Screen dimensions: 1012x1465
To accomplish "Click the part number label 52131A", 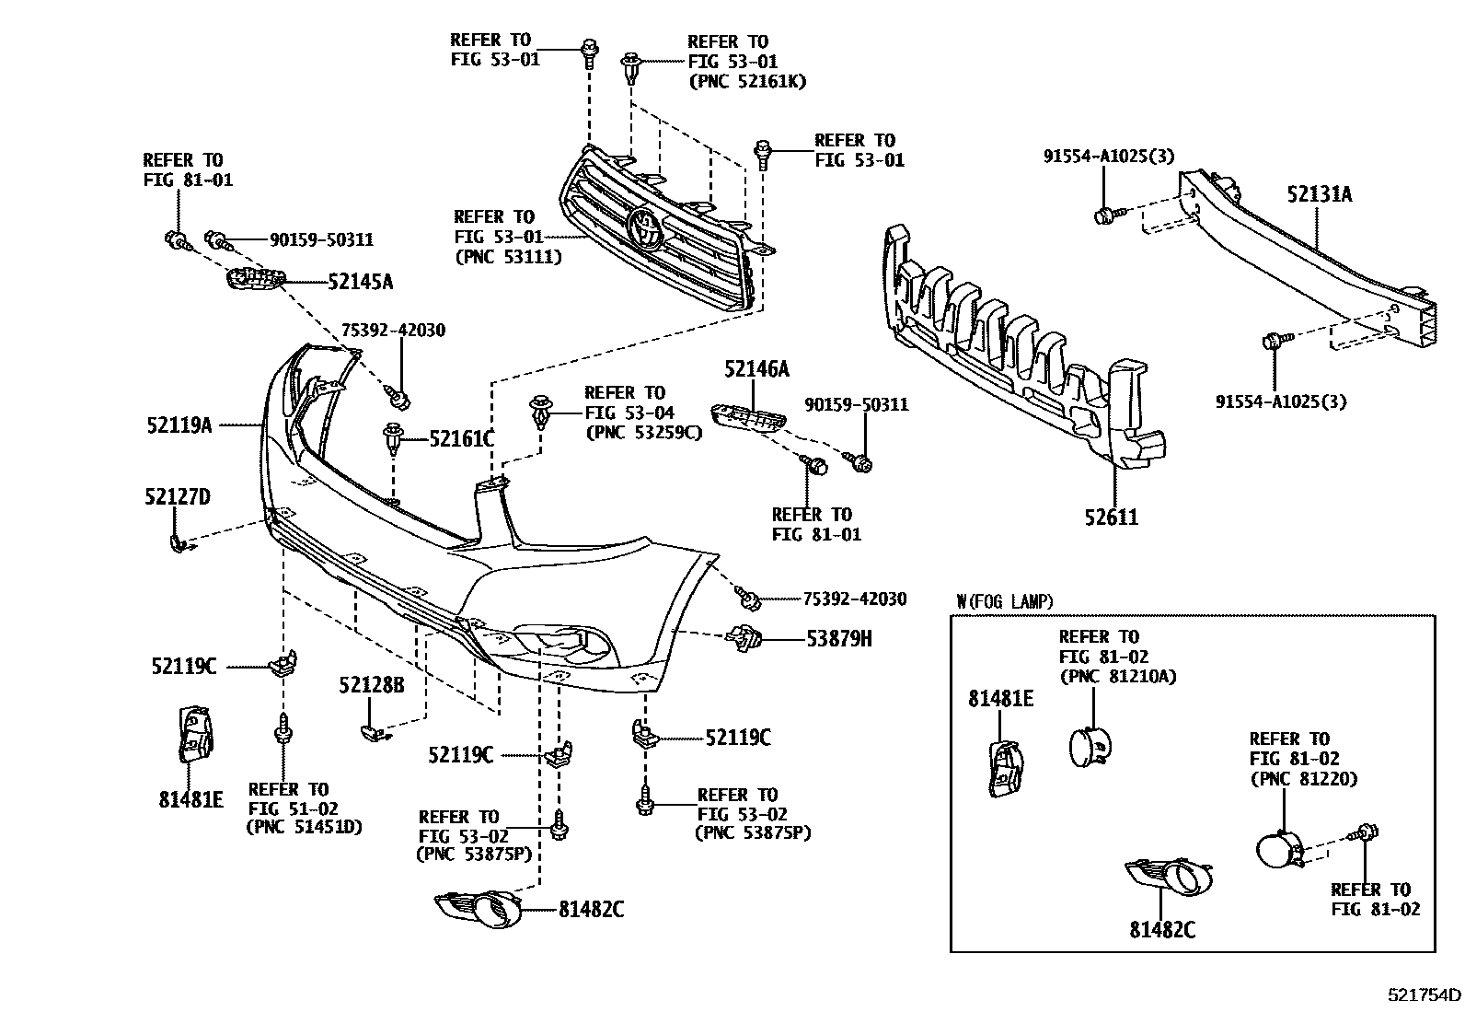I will pos(1319,194).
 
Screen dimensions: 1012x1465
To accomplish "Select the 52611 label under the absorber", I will pos(1111,518).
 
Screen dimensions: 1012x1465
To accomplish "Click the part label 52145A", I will pos(360,282).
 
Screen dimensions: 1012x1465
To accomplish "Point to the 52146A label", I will pos(756,370).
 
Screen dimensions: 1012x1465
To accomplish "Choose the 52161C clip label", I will pos(461,439).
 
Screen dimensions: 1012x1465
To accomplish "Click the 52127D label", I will pos(177,497).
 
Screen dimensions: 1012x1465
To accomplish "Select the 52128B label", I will pos(371,685).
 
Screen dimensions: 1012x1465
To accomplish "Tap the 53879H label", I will pos(838,637).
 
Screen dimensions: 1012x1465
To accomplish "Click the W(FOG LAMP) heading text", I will pos(1005,601).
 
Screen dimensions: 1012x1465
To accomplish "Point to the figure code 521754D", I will pos(1424,995).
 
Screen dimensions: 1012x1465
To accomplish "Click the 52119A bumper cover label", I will pos(179,425).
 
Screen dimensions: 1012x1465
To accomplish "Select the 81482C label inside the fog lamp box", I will pos(1162,930).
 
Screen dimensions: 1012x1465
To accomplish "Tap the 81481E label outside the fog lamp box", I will pos(190,799).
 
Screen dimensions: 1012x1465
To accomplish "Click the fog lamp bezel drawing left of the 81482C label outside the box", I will pos(478,909).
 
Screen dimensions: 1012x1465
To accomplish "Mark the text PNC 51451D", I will pos(304,827).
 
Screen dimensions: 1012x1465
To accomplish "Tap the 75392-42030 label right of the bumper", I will pos(854,599).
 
